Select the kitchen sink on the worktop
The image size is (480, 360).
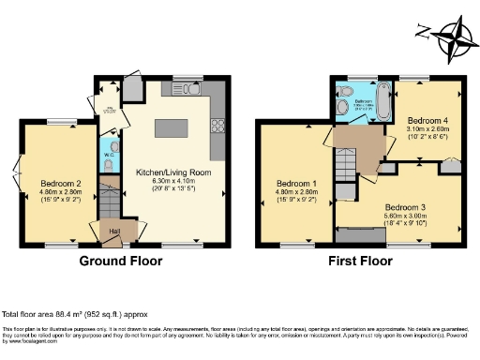tap(179, 90)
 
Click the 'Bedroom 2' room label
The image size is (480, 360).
tap(59, 183)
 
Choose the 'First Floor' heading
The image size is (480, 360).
tap(360, 261)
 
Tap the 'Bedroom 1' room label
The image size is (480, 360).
tap(295, 183)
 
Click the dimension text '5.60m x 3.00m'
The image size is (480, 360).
tap(405, 215)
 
